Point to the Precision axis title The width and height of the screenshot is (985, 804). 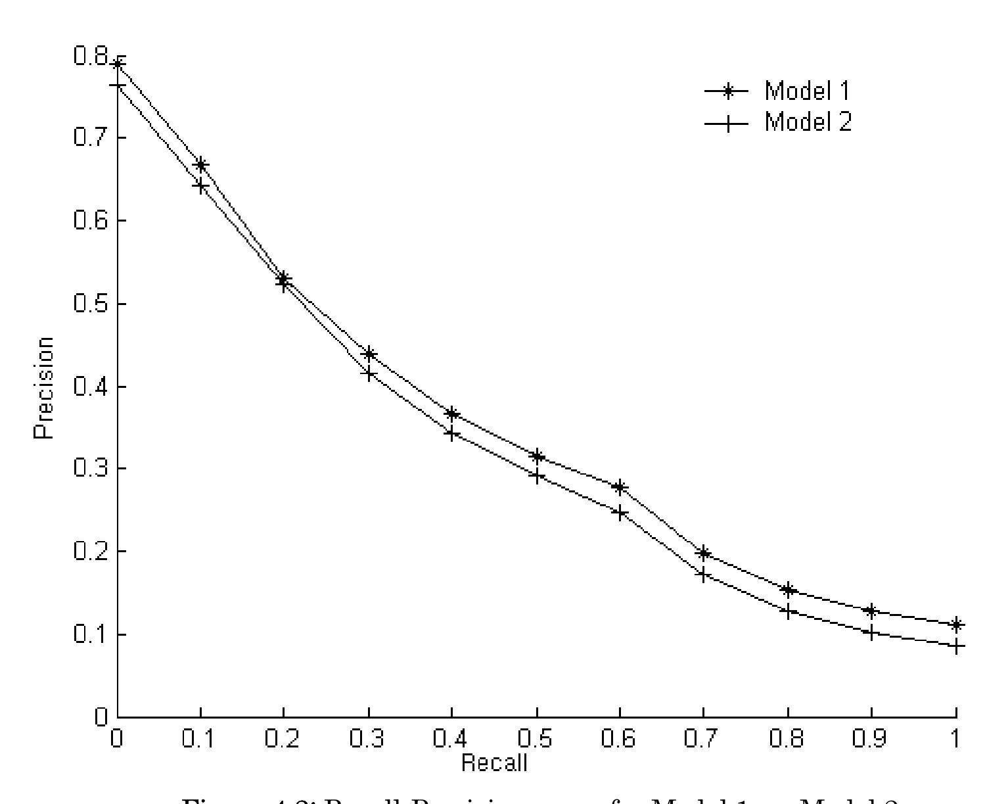point(44,388)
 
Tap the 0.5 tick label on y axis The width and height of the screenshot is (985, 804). point(90,304)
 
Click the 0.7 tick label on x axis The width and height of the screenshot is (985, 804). point(702,739)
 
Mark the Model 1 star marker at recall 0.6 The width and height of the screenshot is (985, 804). point(619,487)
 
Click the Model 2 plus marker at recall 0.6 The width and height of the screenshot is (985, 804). point(619,513)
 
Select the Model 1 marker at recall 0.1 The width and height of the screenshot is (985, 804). point(201,164)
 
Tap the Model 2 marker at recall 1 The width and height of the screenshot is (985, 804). point(956,646)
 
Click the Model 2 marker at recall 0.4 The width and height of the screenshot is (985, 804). point(452,433)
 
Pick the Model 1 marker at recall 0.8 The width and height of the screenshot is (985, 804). point(788,589)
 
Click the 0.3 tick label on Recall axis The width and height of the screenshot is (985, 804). point(368,739)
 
